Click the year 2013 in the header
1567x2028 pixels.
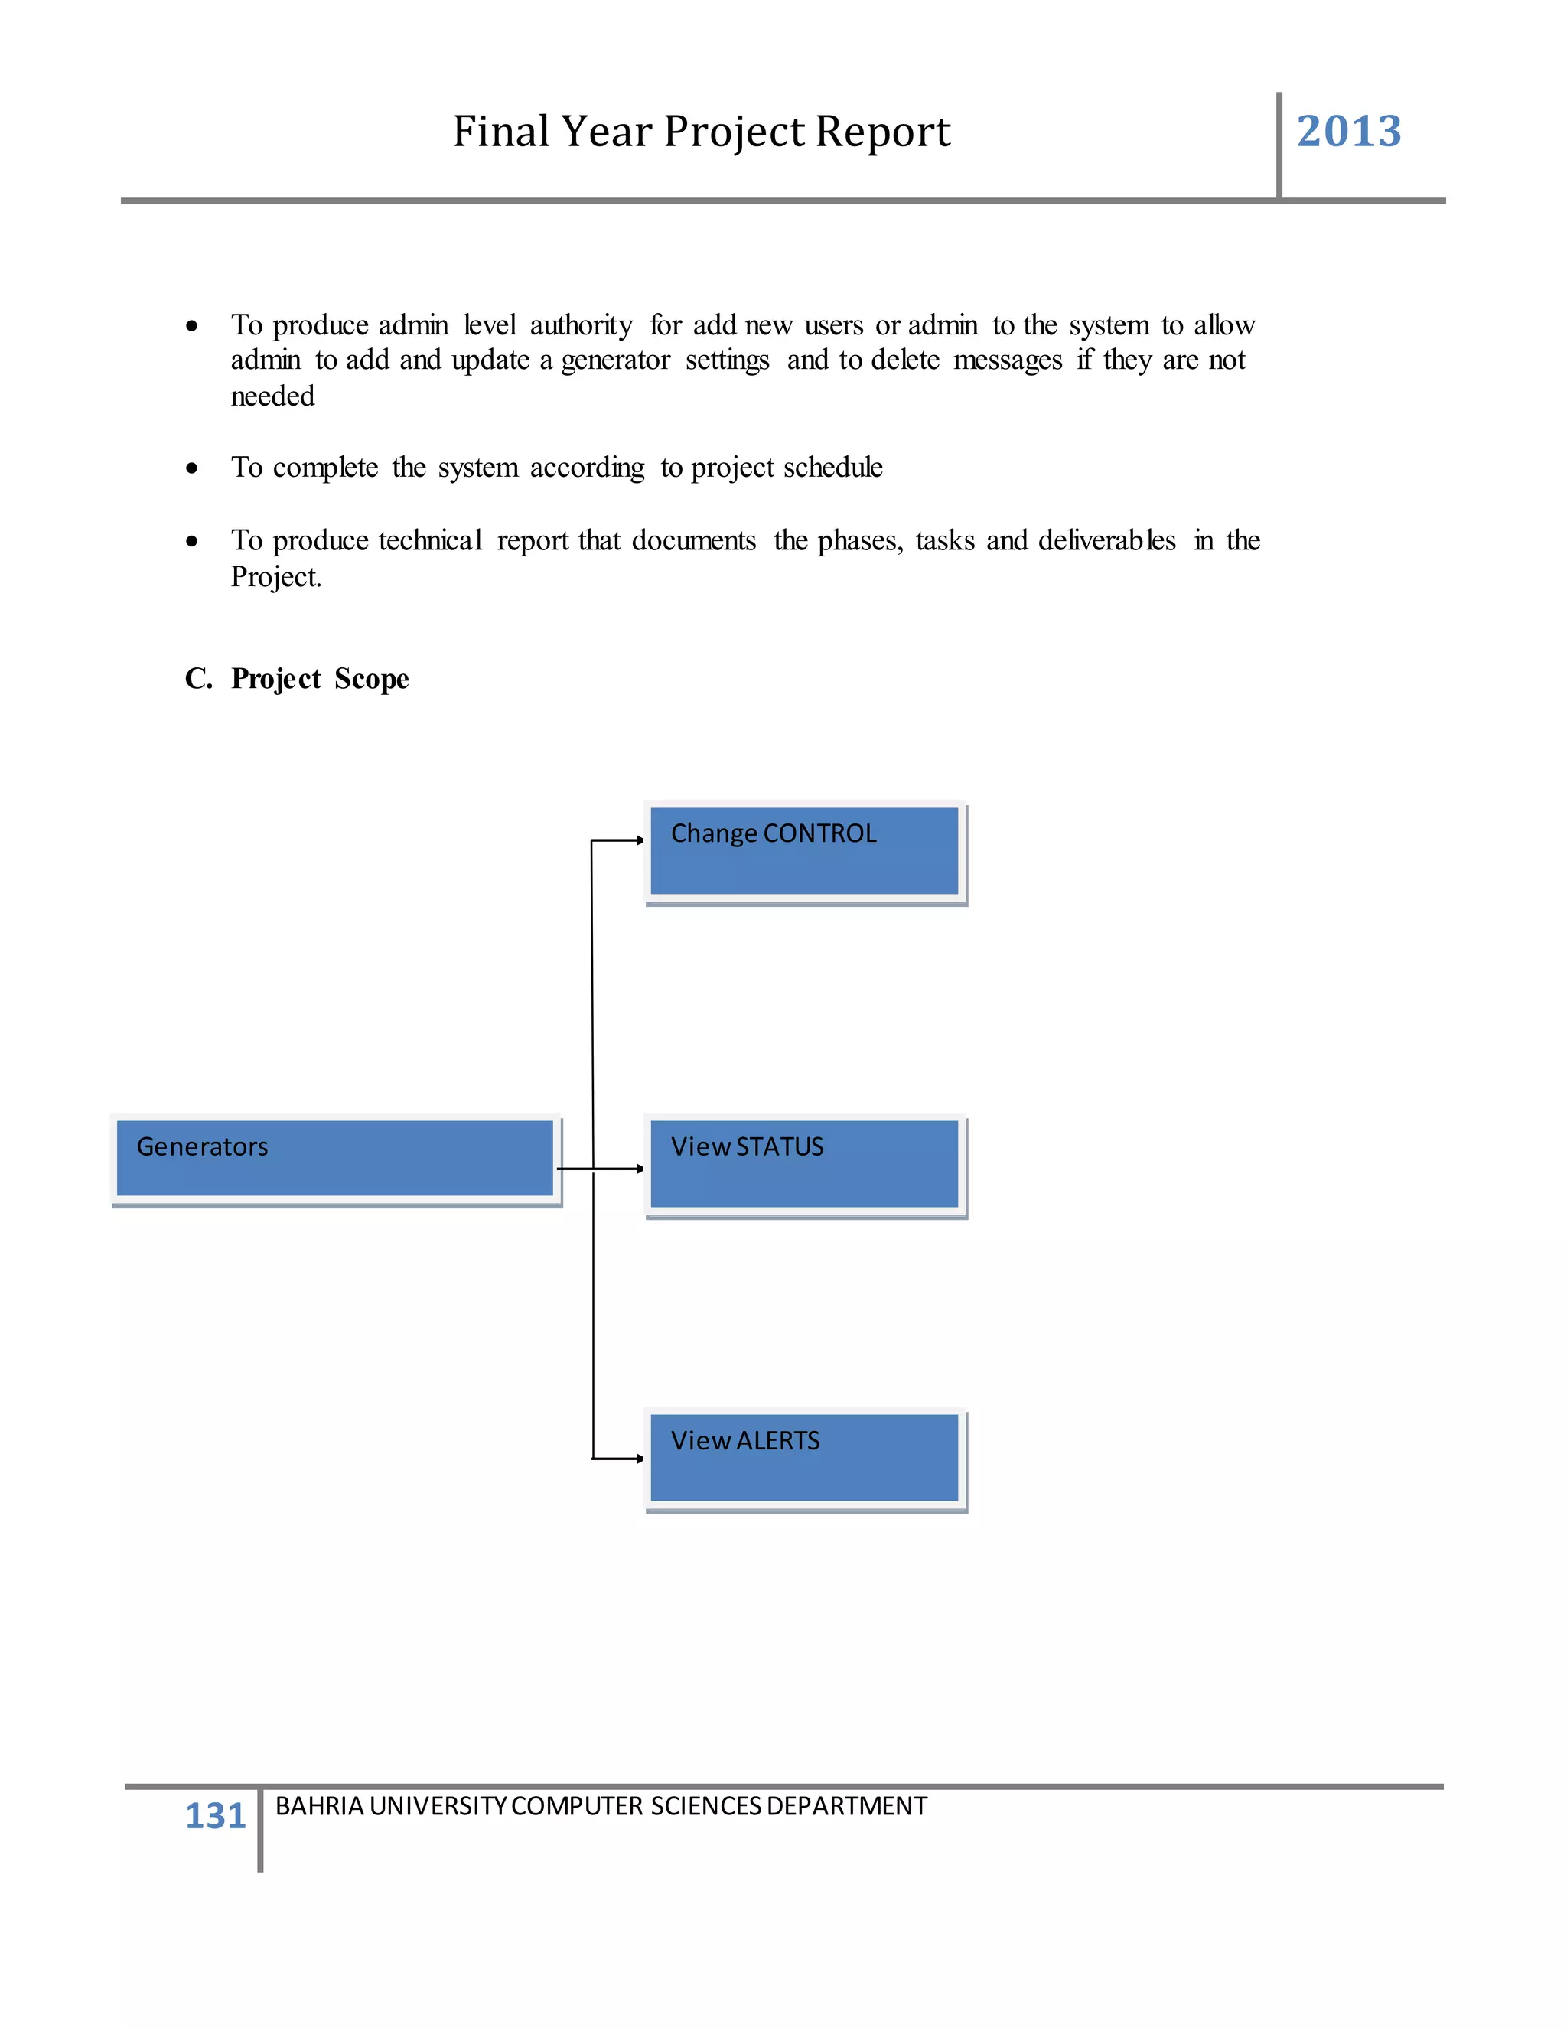pyautogui.click(x=1348, y=131)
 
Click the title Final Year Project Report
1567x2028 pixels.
pyautogui.click(x=701, y=131)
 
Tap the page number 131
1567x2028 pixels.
pyautogui.click(x=215, y=1814)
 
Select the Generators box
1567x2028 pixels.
pyautogui.click(x=335, y=1158)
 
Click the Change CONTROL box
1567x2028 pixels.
pyautogui.click(x=804, y=850)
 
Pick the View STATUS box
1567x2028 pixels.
pyautogui.click(x=804, y=1163)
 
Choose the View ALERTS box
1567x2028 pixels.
pyautogui.click(x=804, y=1457)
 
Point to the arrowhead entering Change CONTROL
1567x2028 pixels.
pyautogui.click(x=640, y=840)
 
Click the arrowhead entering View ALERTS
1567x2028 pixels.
pyautogui.click(x=640, y=1459)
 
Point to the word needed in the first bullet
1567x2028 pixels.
pyautogui.click(x=273, y=396)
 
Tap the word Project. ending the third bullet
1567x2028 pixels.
pyautogui.click(x=275, y=577)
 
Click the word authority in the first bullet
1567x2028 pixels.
pyautogui.click(x=582, y=326)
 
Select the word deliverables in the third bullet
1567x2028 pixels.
pyautogui.click(x=1106, y=540)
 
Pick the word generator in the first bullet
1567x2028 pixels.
pyautogui.click(x=615, y=361)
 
